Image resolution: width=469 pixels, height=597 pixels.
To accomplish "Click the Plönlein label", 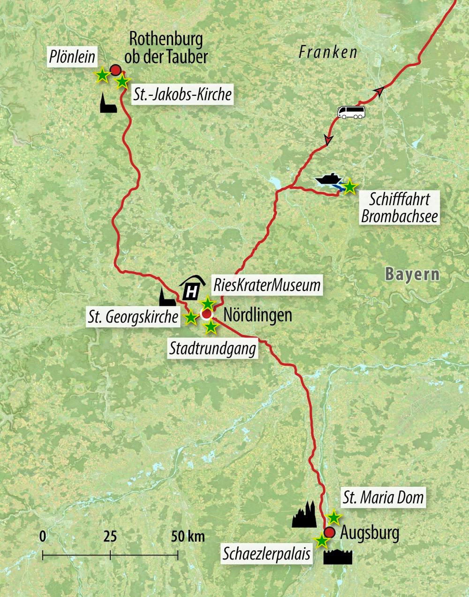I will [72, 57].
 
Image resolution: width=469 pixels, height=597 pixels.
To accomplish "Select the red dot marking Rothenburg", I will [115, 71].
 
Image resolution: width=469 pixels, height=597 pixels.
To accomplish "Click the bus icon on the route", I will [351, 112].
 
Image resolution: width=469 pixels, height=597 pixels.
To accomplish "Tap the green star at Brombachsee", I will [349, 187].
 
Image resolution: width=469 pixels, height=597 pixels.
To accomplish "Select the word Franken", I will [328, 52].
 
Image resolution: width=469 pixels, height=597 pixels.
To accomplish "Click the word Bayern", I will [412, 274].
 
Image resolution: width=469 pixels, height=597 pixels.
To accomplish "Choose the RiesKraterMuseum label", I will [267, 285].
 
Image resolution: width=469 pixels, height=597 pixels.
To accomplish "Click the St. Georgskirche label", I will [133, 317].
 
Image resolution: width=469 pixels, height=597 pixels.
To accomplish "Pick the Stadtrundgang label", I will [213, 349].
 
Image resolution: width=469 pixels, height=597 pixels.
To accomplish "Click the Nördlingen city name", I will [257, 314].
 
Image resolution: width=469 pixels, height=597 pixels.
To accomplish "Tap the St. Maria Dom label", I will [383, 497].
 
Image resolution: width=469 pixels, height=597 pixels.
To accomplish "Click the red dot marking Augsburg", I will [330, 532].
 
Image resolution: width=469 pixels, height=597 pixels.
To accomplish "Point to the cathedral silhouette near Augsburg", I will [304, 514].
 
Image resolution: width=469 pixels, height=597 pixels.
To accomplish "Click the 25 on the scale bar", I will [110, 536].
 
